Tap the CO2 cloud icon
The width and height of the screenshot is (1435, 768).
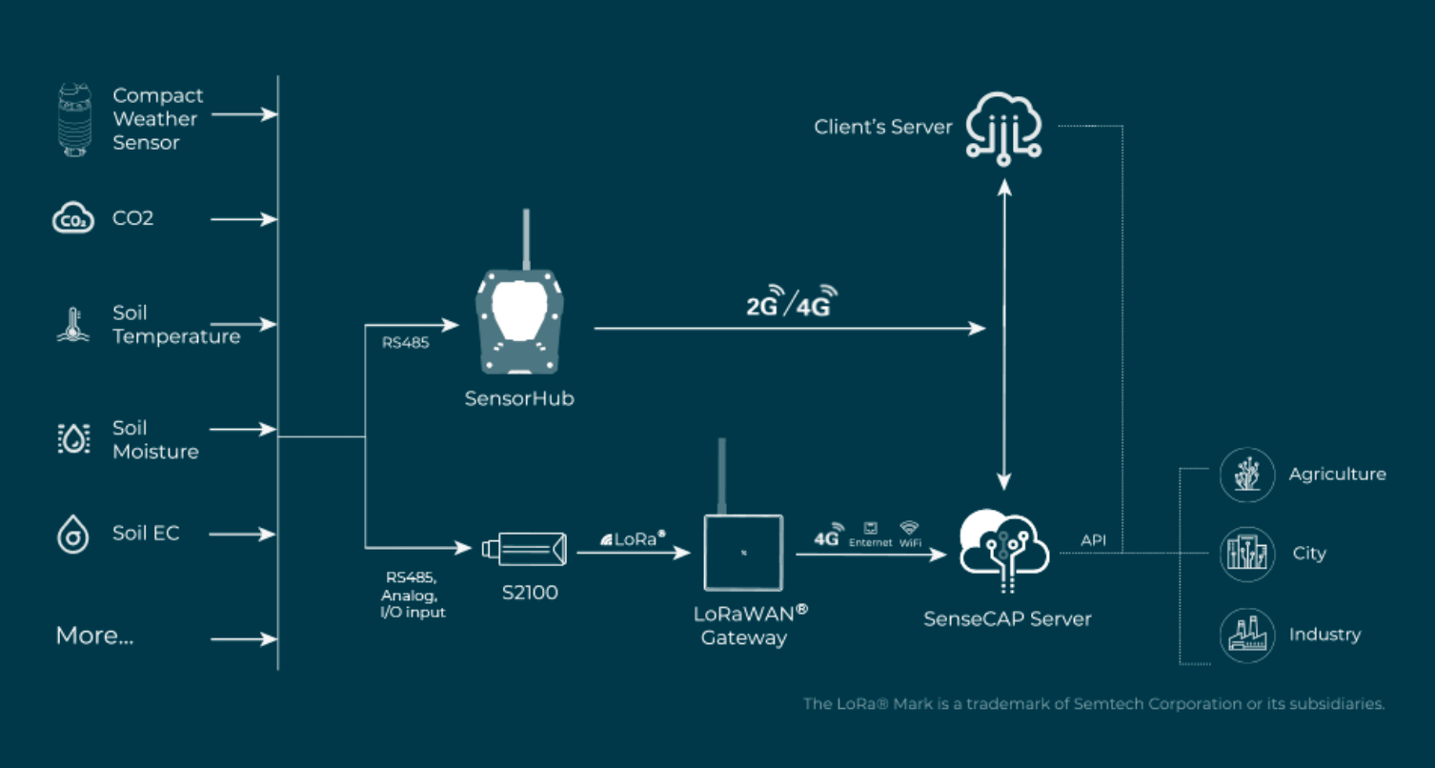tap(73, 219)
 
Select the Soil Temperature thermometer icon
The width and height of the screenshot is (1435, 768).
tap(72, 325)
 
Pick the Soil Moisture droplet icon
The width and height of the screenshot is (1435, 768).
tap(73, 438)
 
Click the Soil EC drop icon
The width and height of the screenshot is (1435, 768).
tap(72, 534)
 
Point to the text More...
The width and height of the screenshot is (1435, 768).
tap(94, 636)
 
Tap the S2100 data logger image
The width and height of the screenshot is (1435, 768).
tap(524, 547)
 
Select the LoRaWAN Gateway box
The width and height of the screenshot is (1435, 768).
tap(743, 552)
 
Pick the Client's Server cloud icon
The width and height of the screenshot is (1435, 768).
tap(1003, 125)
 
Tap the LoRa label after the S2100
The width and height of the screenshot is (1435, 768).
tap(634, 538)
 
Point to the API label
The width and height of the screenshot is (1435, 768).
tap(1094, 540)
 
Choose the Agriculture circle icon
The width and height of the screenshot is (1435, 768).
tap(1247, 475)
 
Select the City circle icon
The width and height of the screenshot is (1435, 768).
tap(1247, 554)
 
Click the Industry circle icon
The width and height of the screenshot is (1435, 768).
tap(1247, 635)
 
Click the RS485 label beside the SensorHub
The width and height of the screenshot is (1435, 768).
tap(406, 343)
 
